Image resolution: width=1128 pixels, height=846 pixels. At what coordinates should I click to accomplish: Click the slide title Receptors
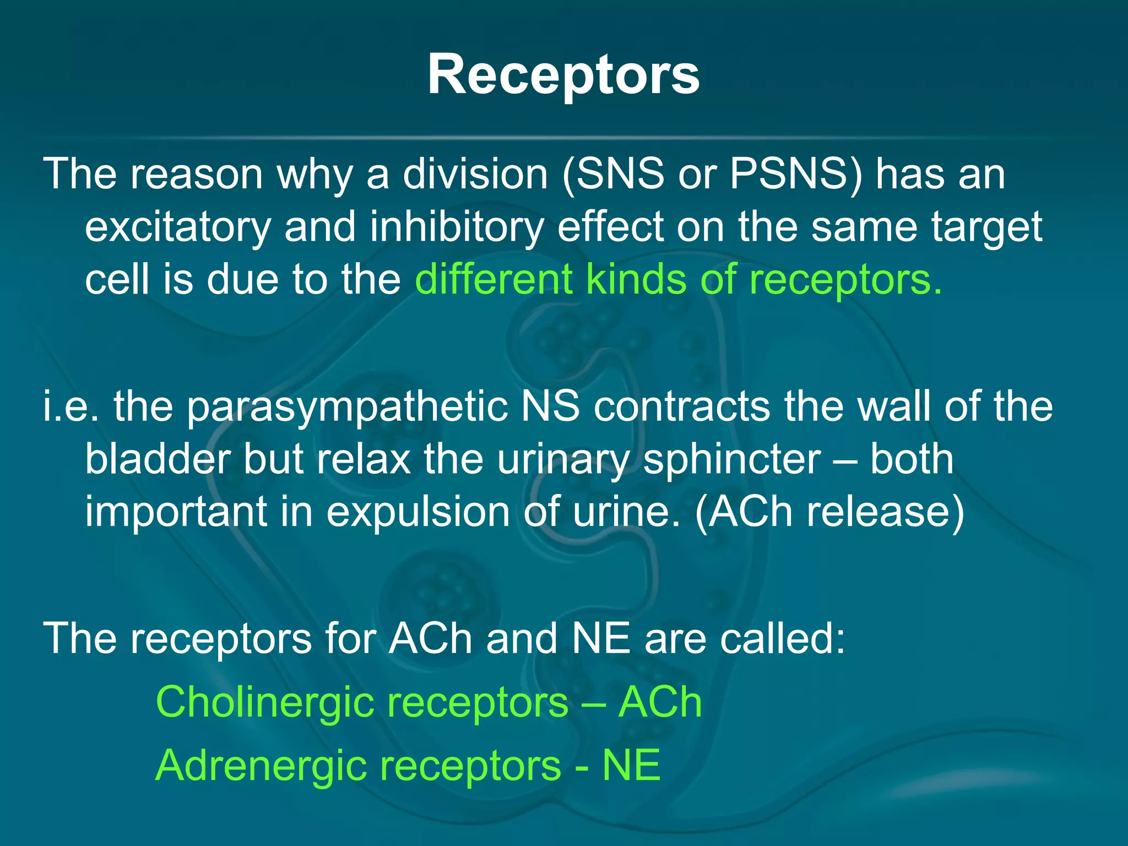coord(563,75)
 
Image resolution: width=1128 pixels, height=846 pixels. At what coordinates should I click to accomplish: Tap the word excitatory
coord(178,227)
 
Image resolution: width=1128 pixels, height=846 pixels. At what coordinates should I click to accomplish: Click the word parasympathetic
coord(347,406)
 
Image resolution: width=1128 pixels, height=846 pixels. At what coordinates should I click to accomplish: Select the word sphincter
coord(731,459)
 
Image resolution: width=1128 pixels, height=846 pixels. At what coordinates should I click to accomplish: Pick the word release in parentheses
coord(885,512)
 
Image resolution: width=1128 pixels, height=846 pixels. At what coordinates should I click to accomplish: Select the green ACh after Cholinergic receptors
coord(660,702)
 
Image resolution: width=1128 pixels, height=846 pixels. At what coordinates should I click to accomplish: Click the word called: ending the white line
coord(783,639)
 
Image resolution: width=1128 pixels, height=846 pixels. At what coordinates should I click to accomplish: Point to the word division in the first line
coord(475,174)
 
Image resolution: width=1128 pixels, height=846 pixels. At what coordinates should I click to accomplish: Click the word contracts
coord(682,406)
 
